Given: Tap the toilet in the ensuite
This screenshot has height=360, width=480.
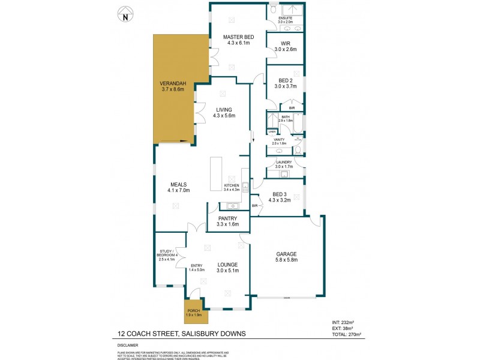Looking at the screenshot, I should (273, 10).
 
